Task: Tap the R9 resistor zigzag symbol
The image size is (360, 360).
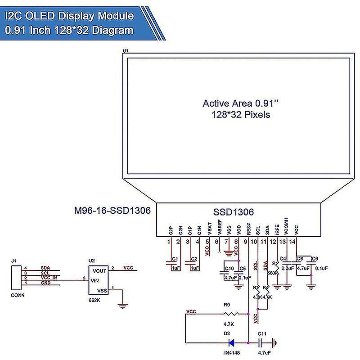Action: pos(230,314)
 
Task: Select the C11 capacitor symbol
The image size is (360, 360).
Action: pos(261,342)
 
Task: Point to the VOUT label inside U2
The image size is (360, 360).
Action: pos(99,271)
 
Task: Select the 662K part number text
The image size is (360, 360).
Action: pos(94,300)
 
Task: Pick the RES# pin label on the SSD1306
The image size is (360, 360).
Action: pos(249,229)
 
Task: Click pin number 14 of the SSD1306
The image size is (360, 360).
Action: pos(292,242)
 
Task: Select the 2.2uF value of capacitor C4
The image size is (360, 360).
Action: pos(287,268)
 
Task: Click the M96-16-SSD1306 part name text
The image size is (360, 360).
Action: pos(112,211)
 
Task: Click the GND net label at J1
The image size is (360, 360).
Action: pos(45,283)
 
